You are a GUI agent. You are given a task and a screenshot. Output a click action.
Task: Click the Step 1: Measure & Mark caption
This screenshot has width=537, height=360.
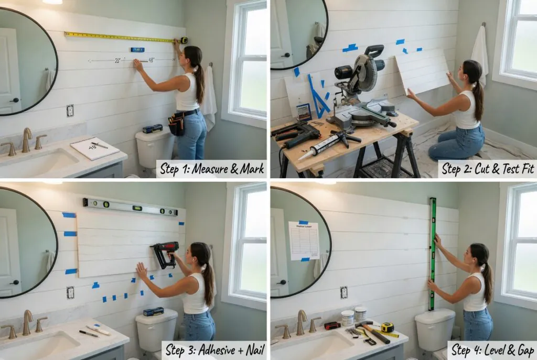pyautogui.click(x=211, y=169)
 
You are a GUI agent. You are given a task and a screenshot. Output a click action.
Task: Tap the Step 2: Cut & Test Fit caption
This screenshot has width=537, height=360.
pyautogui.click(x=487, y=169)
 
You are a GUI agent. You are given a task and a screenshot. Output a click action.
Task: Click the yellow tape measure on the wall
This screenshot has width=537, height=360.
pyautogui.click(x=123, y=37)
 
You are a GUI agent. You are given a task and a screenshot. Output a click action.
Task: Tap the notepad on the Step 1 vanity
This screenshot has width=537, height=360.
pyautogui.click(x=95, y=148)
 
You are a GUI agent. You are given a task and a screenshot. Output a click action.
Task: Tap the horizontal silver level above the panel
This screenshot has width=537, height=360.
pyautogui.click(x=130, y=207)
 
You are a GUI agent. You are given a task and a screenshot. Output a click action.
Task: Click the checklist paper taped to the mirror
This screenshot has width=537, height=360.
pyautogui.click(x=304, y=241)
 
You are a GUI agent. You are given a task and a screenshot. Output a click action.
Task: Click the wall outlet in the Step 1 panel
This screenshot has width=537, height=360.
pyautogui.click(x=70, y=110)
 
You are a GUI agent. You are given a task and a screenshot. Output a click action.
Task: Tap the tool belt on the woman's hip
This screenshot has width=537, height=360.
pyautogui.click(x=177, y=123)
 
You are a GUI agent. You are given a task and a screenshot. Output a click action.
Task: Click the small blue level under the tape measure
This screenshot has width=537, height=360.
pyautogui.click(x=137, y=50)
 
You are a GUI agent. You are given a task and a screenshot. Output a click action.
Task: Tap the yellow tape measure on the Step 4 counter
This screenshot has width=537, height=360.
pyautogui.click(x=387, y=328)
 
